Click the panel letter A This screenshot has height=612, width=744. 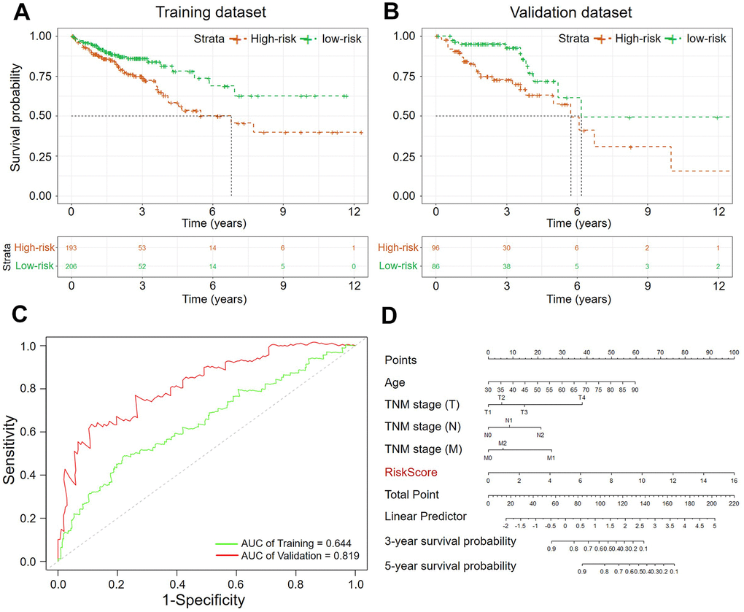click(22, 12)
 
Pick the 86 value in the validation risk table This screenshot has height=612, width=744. click(435, 267)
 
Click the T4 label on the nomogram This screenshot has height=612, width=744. click(581, 398)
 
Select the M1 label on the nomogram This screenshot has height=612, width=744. click(551, 458)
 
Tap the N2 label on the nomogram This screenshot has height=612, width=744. click(540, 435)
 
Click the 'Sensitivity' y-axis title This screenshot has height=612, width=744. click(15, 450)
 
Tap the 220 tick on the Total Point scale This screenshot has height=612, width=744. click(733, 504)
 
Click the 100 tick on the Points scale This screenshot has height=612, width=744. click(732, 352)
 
